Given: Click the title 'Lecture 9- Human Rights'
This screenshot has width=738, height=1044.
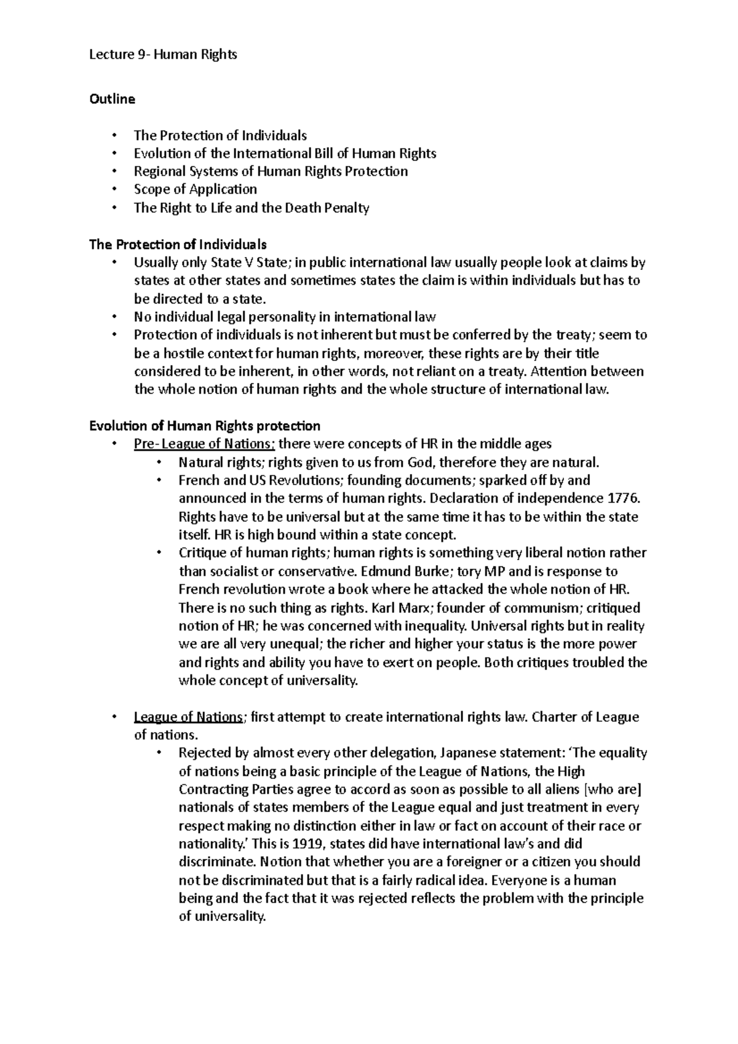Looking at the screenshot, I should [x=163, y=55].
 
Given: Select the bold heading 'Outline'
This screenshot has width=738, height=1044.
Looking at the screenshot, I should [x=112, y=98].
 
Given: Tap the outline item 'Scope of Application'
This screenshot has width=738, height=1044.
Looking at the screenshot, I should [x=195, y=189].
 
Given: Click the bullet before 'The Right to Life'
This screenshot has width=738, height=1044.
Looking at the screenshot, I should [x=114, y=208].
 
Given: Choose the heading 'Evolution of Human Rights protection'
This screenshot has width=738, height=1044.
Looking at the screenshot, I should [x=204, y=425].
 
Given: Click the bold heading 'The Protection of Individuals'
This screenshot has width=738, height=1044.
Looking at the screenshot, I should [x=178, y=245].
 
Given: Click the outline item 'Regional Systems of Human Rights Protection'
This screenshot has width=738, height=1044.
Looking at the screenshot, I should [x=271, y=172].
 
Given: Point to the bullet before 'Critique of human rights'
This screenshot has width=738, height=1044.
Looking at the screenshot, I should [x=158, y=553].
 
